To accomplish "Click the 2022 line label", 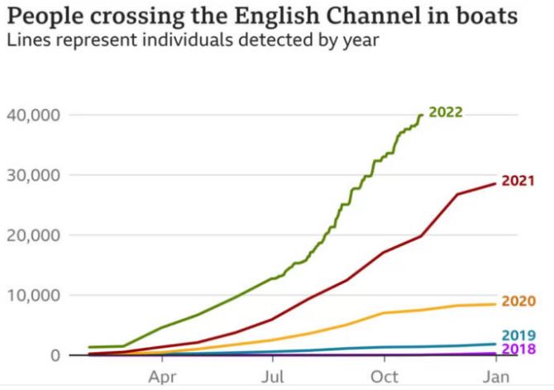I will point(445,113).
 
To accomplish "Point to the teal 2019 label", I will point(518,335).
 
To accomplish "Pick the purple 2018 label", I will point(518,349).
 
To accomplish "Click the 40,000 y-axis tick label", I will point(33,115).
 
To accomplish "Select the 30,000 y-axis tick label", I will point(33,175).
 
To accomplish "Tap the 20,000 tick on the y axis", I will point(33,235).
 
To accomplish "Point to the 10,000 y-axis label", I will point(33,295).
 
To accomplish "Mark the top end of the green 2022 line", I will point(422,115).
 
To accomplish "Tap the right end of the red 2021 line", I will point(496,183).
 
